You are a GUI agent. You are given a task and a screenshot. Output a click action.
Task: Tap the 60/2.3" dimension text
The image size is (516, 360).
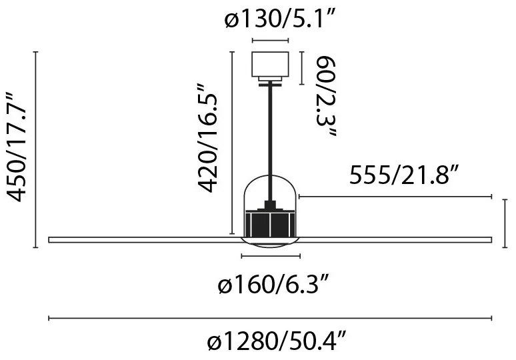(x=326, y=96)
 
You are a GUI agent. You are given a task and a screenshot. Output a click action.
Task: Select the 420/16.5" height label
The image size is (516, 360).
(x=207, y=138)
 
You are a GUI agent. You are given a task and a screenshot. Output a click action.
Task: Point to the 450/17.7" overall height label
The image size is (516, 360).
(x=17, y=147)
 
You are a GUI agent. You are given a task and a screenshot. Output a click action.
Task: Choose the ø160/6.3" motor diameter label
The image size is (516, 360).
(x=273, y=284)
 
